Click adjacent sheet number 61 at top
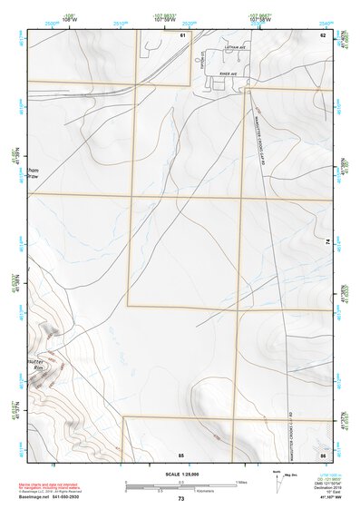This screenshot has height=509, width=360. [x=182, y=34]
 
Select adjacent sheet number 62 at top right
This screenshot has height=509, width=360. [x=322, y=34]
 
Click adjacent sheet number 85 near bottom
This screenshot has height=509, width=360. [x=181, y=453]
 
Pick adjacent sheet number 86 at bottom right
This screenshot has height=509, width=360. [x=322, y=453]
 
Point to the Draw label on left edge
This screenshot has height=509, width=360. [x=34, y=178]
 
